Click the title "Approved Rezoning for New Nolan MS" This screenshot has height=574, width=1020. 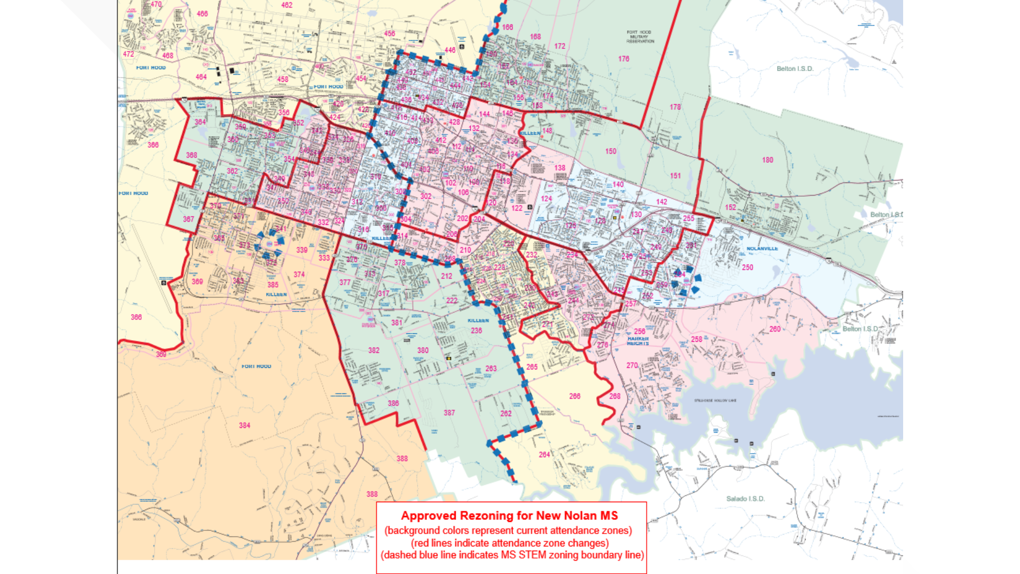click(509, 516)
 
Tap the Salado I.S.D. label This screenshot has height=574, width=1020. click(745, 499)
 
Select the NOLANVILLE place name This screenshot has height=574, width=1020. click(762, 248)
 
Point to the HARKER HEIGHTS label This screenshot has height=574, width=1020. click(637, 341)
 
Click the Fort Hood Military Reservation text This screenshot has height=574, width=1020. click(640, 37)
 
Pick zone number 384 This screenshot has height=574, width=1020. click(244, 425)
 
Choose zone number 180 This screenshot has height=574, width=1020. click(767, 159)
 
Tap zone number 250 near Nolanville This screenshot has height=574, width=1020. click(747, 267)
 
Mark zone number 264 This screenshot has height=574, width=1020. click(544, 454)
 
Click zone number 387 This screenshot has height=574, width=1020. click(449, 412)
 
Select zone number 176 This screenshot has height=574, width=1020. click(623, 59)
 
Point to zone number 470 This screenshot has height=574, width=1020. click(156, 4)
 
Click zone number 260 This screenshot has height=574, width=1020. click(775, 329)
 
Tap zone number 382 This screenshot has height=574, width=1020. click(373, 350)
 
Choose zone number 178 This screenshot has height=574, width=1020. click(675, 107)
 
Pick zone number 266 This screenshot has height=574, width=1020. click(574, 396)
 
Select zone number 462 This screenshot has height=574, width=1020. click(286, 5)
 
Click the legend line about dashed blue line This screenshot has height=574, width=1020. click(512, 555)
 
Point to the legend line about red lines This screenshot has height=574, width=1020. click(509, 543)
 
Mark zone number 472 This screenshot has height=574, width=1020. click(128, 54)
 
